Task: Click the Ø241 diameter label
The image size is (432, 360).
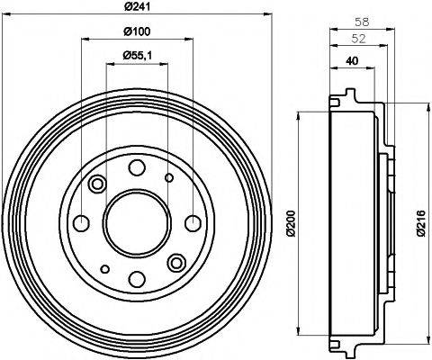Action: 136,9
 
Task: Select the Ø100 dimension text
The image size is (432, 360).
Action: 136,33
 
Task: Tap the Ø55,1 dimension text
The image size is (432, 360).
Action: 136,57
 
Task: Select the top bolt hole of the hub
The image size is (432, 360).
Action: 136,167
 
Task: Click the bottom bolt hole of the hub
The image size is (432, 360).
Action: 136,278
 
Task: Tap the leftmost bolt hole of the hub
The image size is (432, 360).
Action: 81,223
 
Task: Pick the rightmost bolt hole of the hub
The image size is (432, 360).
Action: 192,223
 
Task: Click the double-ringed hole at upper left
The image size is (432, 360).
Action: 97,184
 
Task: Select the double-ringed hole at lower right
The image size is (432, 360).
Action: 175,261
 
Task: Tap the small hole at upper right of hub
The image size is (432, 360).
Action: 169,178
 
